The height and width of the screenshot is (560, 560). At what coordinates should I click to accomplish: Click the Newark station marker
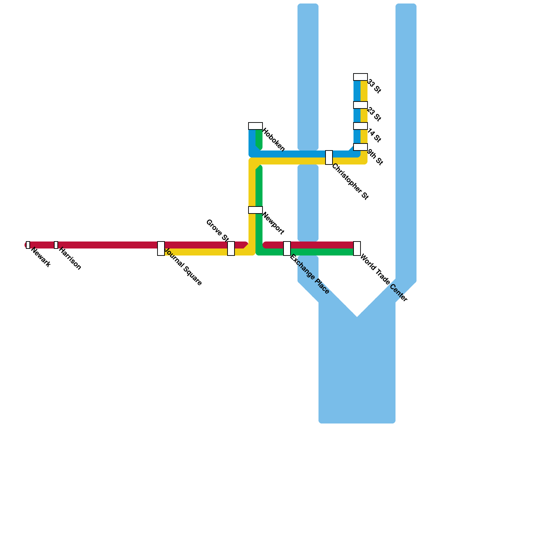[x=28, y=245]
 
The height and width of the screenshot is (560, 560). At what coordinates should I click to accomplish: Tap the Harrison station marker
[x=56, y=245]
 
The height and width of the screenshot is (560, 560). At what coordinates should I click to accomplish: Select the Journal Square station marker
[x=161, y=248]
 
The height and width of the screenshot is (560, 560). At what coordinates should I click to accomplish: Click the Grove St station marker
[x=231, y=248]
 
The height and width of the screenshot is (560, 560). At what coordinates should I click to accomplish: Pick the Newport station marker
[x=255, y=210]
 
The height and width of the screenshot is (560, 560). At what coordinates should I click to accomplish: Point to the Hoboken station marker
[x=255, y=126]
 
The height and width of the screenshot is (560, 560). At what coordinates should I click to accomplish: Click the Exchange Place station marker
[x=287, y=248]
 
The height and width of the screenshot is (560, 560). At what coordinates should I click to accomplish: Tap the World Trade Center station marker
[x=357, y=248]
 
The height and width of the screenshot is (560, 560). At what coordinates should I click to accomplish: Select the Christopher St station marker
[x=329, y=157]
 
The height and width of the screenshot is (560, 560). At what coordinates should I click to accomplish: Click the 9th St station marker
[x=360, y=147]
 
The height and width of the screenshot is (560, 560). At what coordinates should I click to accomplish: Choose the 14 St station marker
[x=360, y=126]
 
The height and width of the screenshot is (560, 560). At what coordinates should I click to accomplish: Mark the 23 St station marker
[x=360, y=105]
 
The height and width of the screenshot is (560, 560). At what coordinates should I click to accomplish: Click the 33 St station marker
[x=360, y=77]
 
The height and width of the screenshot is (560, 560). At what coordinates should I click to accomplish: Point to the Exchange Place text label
[x=310, y=274]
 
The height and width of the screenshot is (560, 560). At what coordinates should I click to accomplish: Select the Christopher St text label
[x=350, y=182]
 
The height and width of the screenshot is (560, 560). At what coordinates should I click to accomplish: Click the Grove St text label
[x=217, y=230]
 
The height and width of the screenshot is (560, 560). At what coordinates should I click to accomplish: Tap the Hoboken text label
[x=274, y=140]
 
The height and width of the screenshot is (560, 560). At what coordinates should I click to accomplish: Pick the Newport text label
[x=273, y=223]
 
